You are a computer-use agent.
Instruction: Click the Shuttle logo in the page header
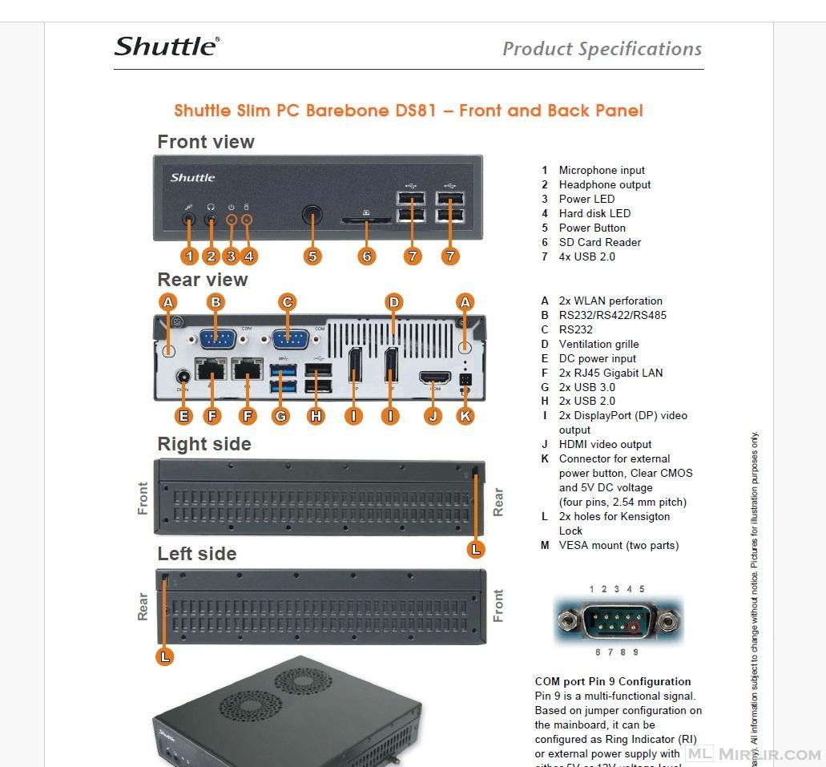coord(167,46)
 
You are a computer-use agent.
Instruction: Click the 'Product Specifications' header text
coord(602,49)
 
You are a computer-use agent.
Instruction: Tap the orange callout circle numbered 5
coord(312,256)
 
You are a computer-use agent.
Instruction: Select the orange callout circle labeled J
coord(433,415)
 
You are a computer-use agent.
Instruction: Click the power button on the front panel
coord(312,215)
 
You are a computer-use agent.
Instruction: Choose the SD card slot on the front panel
coord(366,219)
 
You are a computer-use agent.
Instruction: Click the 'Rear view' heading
coord(203,280)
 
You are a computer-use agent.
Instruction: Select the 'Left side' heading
coord(197,554)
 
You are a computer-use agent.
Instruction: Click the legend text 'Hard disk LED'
coord(594,213)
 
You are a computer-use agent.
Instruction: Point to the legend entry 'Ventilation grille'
coord(598,344)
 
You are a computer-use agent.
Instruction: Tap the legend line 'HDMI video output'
coord(605,444)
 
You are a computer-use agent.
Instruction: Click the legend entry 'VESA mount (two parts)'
coord(618,545)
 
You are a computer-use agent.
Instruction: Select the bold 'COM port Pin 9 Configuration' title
coord(613,681)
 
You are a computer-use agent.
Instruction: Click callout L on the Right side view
coord(476,549)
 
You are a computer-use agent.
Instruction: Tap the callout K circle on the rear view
coord(465,415)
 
